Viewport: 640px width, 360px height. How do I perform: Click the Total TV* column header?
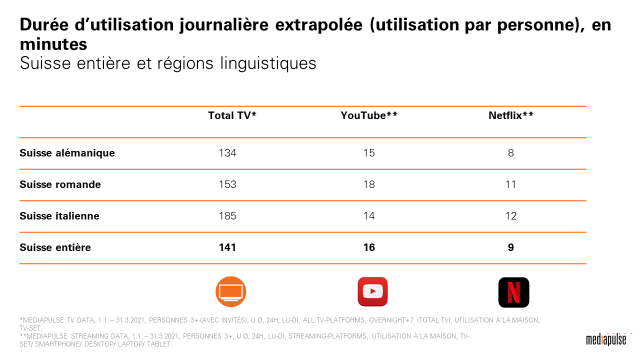coord(232,115)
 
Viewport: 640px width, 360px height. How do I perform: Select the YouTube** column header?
coord(369,115)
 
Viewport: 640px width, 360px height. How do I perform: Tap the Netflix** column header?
coord(510,115)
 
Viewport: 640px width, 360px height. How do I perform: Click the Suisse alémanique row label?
coord(67,153)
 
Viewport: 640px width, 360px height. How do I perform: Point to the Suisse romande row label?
coord(60,184)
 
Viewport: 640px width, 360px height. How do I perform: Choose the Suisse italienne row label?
coord(59,216)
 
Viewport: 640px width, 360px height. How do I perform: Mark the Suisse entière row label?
coord(55,247)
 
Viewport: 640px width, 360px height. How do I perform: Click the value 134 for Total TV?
coord(227,153)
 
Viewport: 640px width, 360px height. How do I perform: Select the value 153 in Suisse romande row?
coord(227,184)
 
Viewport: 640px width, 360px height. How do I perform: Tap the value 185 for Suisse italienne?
coord(227,216)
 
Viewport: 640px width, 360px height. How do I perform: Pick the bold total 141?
coord(227,247)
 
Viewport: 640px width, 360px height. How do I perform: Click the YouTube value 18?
coord(369,184)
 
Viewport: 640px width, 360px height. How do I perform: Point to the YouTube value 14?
coord(369,216)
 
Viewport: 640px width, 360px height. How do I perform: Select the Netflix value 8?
coord(510,153)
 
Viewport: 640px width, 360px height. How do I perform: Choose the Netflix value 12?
coord(510,216)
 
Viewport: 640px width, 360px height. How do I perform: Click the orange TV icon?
coord(231,291)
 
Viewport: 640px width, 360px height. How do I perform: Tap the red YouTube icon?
coord(372,291)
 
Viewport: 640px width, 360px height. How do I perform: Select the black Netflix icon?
coord(513,292)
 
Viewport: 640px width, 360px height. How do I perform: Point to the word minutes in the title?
coord(53,44)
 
